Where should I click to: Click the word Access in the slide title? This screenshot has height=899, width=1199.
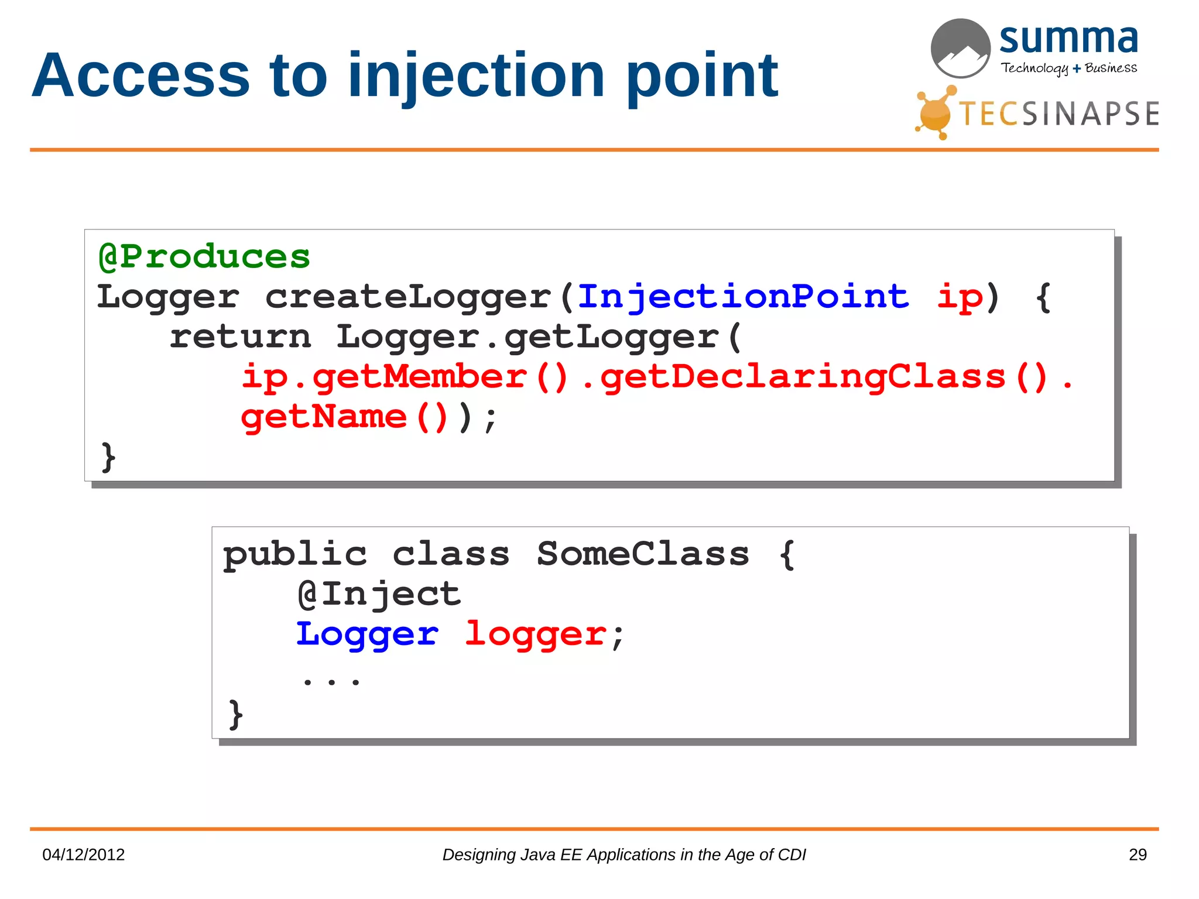(x=141, y=76)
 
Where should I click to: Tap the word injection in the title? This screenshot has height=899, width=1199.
(x=476, y=76)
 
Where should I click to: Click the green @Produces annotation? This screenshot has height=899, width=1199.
(x=204, y=257)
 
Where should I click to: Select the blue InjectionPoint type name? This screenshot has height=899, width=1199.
(x=743, y=297)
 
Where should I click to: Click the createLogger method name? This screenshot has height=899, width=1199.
(x=409, y=297)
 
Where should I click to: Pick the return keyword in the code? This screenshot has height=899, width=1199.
(x=240, y=337)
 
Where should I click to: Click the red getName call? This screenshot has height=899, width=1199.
(x=324, y=417)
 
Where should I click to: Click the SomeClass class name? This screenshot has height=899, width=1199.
(x=642, y=554)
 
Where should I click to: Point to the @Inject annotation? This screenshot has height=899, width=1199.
(x=379, y=595)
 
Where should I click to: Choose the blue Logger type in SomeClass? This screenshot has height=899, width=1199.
(x=367, y=634)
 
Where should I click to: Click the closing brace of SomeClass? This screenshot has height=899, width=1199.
(x=235, y=715)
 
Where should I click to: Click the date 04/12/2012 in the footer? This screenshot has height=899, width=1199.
(x=84, y=855)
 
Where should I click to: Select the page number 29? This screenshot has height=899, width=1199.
(x=1137, y=855)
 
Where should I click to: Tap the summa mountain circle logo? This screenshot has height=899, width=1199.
(x=960, y=49)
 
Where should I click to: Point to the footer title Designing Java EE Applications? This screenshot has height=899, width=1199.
(x=624, y=855)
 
